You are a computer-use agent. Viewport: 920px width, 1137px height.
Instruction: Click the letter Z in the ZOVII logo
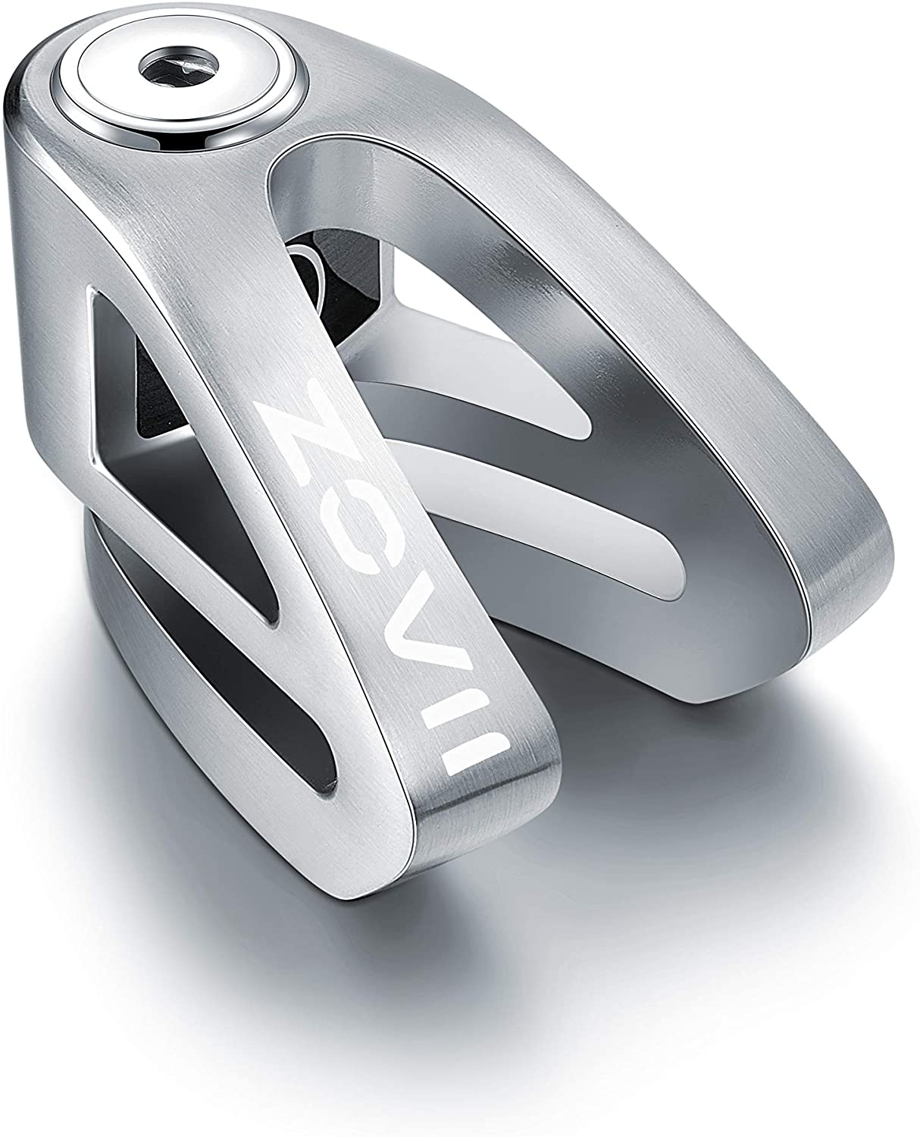pyautogui.click(x=299, y=436)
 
